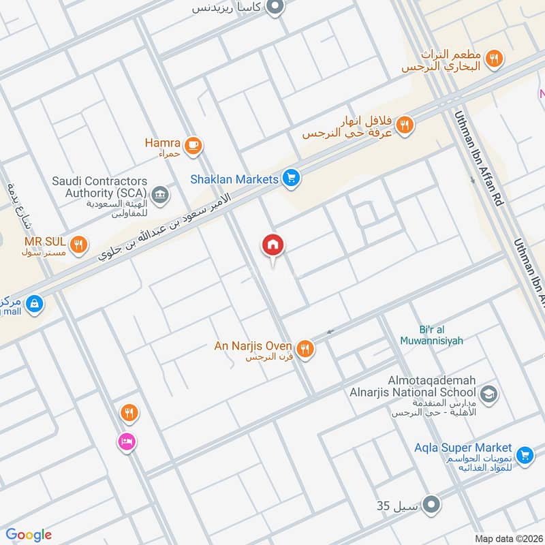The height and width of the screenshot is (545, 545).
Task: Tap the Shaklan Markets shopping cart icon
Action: [x=292, y=179]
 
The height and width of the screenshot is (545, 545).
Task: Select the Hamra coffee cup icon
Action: [x=194, y=144]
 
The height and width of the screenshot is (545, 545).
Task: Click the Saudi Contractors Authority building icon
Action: [x=160, y=196]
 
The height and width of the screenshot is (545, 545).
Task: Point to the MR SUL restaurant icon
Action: [x=80, y=243]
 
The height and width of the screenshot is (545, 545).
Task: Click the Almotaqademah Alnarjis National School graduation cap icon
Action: [x=488, y=393]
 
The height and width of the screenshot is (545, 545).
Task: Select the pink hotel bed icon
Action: [x=127, y=442]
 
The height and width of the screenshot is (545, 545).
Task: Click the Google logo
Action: [x=29, y=535]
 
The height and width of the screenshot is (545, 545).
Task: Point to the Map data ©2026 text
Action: [x=508, y=538]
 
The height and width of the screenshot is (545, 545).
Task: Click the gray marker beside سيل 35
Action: [x=431, y=505]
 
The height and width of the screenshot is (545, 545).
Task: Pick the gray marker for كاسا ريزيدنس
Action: [x=275, y=8]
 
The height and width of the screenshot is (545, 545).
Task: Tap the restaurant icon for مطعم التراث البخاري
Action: [x=495, y=60]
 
